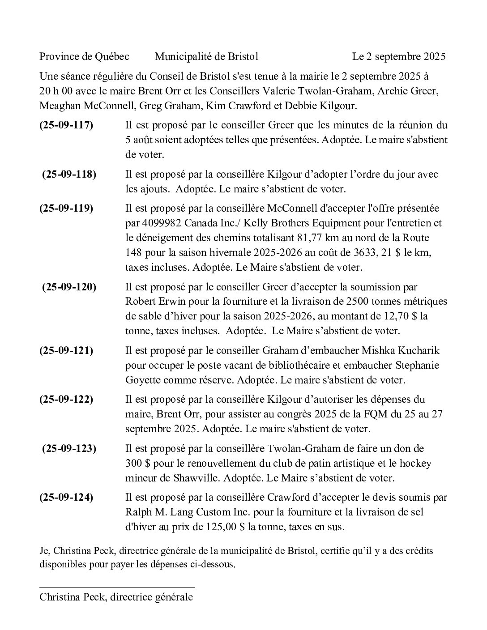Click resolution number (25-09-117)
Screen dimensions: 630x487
pyautogui.click(x=66, y=125)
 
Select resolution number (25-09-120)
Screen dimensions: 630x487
pyautogui.click(x=69, y=287)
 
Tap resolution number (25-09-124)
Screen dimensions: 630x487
pyautogui.click(x=66, y=497)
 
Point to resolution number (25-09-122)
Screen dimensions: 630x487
pyautogui.click(x=66, y=399)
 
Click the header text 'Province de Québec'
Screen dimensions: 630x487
pyautogui.click(x=84, y=56)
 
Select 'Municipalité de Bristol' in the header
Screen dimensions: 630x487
pyautogui.click(x=206, y=56)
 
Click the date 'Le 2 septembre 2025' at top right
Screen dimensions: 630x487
pyautogui.click(x=399, y=56)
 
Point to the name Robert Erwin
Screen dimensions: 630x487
pyautogui.click(x=152, y=302)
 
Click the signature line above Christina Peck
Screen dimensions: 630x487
pyautogui.click(x=117, y=587)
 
